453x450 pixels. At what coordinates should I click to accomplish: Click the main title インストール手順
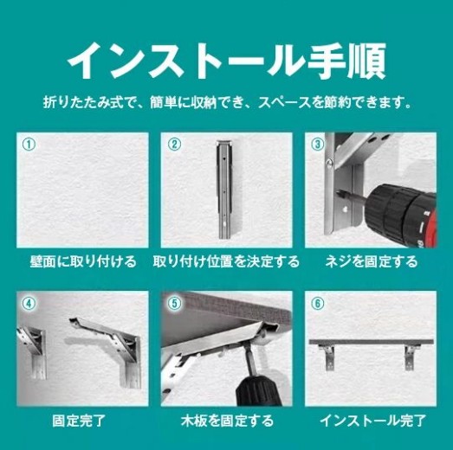[227, 61]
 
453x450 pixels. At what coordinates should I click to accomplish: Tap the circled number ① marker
[29, 145]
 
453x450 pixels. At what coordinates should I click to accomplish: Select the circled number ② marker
[174, 145]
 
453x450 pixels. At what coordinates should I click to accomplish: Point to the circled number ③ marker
[318, 145]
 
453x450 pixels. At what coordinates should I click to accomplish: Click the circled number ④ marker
[29, 304]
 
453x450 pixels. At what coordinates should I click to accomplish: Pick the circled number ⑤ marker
[175, 304]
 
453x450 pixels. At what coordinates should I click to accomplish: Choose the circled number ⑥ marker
[318, 304]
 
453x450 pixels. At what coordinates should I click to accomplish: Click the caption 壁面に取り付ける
[83, 261]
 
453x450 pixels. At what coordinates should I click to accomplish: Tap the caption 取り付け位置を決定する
[226, 261]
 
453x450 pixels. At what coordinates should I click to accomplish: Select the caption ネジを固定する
[371, 261]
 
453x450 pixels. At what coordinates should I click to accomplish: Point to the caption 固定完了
[79, 421]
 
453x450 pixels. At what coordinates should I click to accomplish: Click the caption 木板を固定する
[227, 421]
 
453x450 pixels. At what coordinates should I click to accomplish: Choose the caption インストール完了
[372, 421]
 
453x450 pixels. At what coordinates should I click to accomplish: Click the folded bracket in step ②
[224, 190]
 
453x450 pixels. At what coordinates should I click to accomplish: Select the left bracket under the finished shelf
[327, 357]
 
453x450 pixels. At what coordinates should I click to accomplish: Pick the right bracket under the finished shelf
[411, 357]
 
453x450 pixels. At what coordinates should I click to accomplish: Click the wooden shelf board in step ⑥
[372, 343]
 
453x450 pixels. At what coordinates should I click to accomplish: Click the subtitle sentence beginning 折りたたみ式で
[227, 102]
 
